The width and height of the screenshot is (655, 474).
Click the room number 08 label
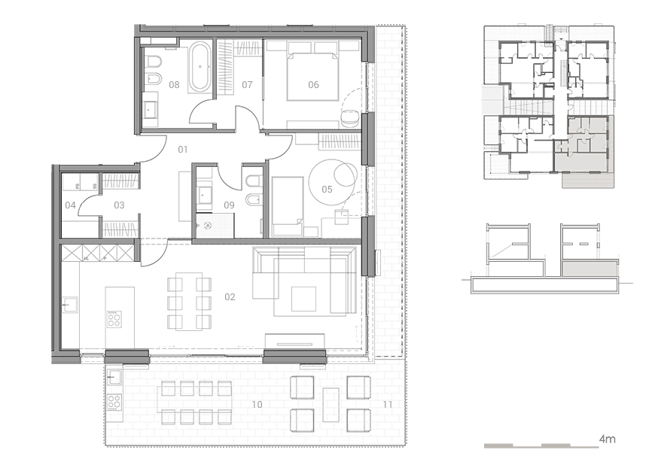[x=174, y=85]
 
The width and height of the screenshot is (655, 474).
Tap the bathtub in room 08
[x=200, y=66]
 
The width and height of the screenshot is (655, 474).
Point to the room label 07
[x=247, y=85]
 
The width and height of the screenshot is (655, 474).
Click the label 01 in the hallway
[x=183, y=150]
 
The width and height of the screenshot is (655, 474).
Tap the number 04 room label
[x=70, y=205]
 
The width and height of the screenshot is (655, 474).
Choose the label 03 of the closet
[x=119, y=205]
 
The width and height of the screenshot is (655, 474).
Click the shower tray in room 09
[x=215, y=226]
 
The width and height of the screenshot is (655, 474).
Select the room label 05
[x=327, y=190]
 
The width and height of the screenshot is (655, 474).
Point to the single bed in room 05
[x=288, y=206]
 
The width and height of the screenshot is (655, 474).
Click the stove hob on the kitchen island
[x=114, y=320]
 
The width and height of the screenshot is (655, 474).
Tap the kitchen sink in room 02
[x=70, y=305]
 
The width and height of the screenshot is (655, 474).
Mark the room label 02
[x=230, y=297]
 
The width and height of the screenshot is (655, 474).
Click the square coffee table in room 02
[x=303, y=299]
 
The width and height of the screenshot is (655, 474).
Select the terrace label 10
[x=257, y=405]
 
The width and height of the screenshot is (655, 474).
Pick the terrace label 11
[x=388, y=405]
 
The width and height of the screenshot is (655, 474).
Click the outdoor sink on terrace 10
[x=114, y=377]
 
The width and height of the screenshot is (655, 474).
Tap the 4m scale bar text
[x=608, y=439]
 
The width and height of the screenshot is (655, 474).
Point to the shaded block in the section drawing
[x=589, y=269]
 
